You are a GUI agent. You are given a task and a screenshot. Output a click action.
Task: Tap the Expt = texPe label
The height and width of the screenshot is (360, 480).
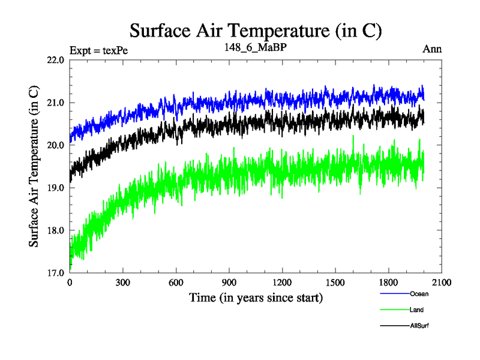[99, 50]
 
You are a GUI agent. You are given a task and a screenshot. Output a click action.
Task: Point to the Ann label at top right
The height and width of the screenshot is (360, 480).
[432, 49]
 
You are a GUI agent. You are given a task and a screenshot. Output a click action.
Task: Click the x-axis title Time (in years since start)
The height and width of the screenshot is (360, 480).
[256, 298]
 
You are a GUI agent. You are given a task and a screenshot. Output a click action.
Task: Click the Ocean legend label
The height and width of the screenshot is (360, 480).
[419, 294]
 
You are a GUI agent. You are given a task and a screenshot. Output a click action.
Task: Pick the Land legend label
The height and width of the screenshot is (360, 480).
[417, 310]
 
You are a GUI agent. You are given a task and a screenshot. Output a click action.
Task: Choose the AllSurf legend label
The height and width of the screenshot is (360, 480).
[419, 325]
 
